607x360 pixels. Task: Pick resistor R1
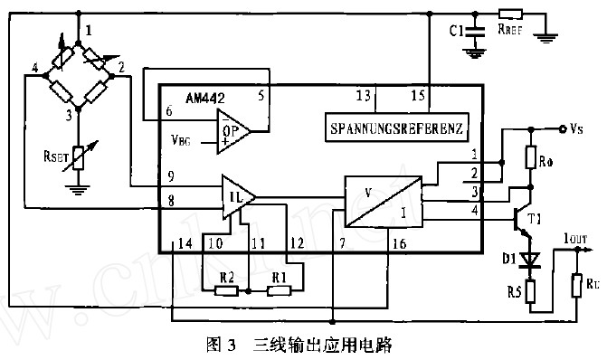[280, 290]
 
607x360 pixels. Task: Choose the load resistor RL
[576, 288]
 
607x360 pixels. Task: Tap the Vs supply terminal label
[577, 129]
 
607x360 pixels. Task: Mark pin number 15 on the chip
[417, 95]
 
